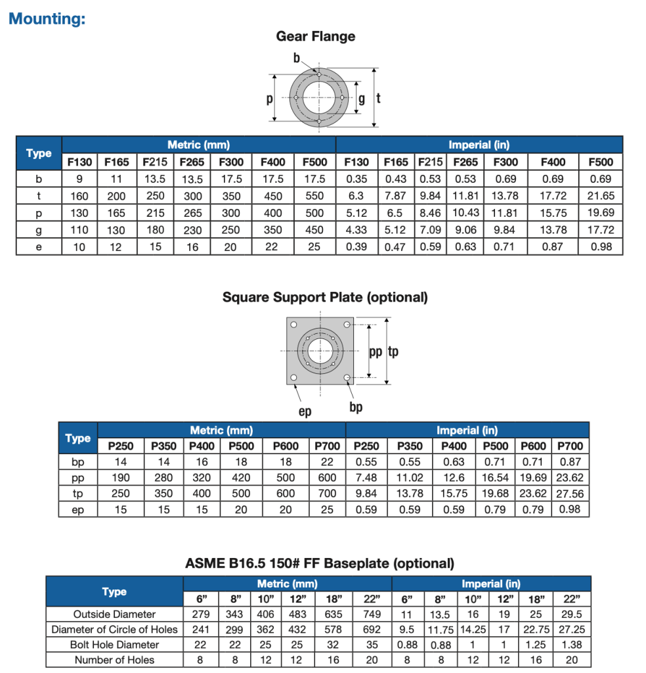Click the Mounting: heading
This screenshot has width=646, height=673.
click(x=47, y=18)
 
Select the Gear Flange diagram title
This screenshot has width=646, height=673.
click(x=315, y=37)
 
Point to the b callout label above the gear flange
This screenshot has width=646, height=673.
click(x=297, y=59)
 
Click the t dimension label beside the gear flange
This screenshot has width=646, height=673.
click(x=379, y=99)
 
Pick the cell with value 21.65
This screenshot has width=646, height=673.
click(x=601, y=196)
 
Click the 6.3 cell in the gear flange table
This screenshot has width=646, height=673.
click(x=356, y=196)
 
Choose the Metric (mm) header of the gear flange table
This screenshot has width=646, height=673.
click(x=198, y=145)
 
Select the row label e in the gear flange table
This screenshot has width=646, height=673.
click(x=39, y=247)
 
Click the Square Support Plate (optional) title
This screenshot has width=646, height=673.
click(x=325, y=297)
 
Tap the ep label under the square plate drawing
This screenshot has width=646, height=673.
click(x=305, y=411)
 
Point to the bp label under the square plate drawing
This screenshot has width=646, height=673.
click(x=356, y=407)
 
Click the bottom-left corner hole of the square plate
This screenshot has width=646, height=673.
click(x=293, y=377)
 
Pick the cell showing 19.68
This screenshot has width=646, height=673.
click(x=494, y=494)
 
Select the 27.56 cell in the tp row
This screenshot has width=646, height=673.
click(x=569, y=494)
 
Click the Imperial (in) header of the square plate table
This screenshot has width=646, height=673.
click(x=467, y=430)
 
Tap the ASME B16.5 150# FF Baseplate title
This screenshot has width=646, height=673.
click(x=320, y=563)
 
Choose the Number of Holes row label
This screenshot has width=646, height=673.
click(x=114, y=660)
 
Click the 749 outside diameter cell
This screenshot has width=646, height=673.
click(x=372, y=615)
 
